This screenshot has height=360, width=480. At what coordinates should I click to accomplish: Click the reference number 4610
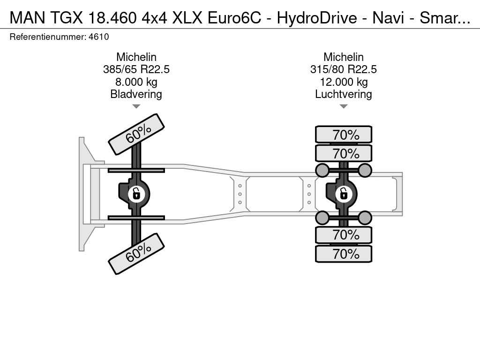coord(99,37)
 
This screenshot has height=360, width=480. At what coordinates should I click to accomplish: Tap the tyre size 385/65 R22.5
coord(136,69)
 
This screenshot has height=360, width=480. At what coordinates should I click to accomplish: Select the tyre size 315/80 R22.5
coord(344,69)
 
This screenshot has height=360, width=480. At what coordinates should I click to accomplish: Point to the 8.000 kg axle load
coord(136,82)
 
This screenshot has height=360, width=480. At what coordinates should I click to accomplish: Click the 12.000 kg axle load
coord(344,82)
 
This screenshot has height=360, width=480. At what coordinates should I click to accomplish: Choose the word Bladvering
coord(136,94)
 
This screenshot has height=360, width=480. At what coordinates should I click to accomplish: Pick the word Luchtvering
coord(344,94)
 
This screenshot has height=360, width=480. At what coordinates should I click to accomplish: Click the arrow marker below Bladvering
coord(136,106)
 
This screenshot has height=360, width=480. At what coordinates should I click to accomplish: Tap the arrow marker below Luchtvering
coord(344,106)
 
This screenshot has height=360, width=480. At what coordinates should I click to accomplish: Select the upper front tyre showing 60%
coord(136,134)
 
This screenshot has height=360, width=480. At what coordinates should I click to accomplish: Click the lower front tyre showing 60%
coord(136,254)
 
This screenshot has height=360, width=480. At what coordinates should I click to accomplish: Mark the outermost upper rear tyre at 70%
coord(344,135)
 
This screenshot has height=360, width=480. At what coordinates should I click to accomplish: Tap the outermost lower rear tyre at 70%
coord(344,254)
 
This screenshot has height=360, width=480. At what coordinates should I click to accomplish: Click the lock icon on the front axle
coord(136,194)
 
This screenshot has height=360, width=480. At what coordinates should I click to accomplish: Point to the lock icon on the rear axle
coord(344,194)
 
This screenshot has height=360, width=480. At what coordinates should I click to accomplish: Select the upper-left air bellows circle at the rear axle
coord(322,170)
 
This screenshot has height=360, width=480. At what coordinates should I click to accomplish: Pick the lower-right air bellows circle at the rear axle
coord(365,217)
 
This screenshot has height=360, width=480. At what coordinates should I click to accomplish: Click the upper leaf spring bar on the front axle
coord(136,170)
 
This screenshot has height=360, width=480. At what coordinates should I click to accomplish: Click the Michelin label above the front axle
coord(136,57)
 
